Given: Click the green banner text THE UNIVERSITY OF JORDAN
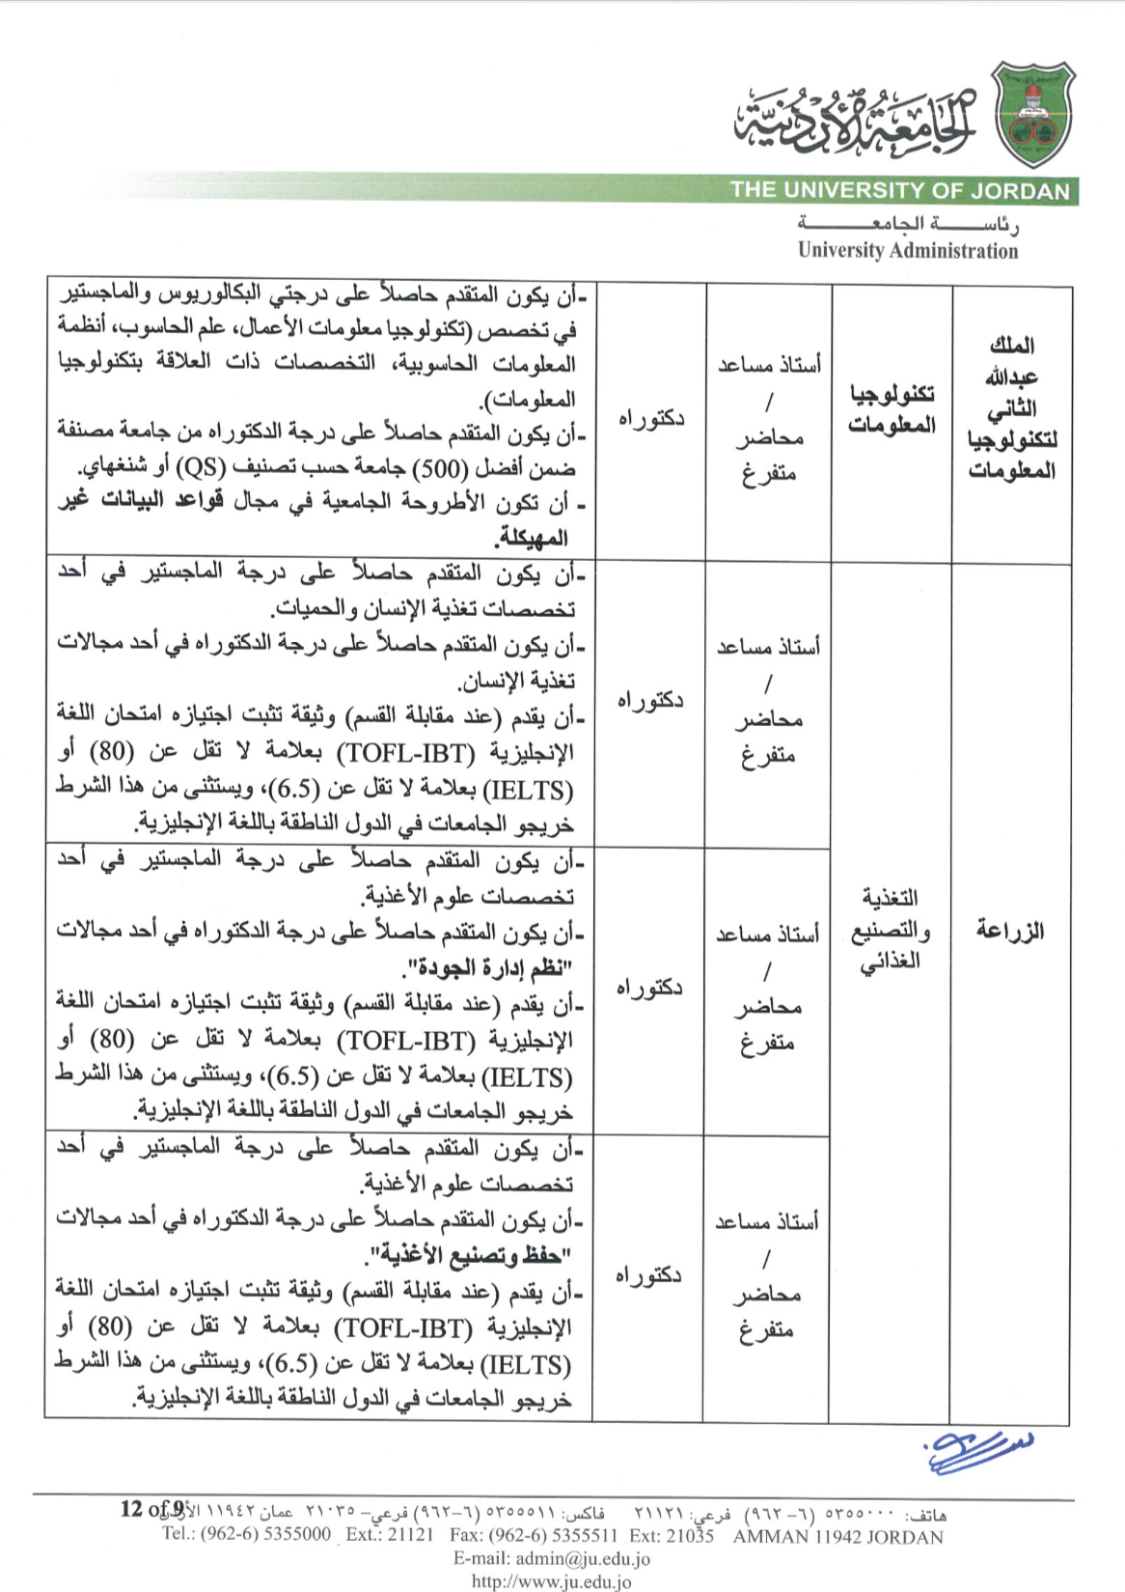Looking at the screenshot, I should pos(900,190).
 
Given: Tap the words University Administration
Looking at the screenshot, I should pos(907,251).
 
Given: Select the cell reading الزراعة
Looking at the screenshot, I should pos(1010,931).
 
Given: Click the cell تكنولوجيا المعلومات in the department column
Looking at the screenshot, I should pos(892,409).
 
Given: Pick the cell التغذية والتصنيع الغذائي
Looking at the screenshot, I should pos(890,929).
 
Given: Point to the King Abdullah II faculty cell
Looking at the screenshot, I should pos(1011,407).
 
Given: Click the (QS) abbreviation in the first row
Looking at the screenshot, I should pos(204,468).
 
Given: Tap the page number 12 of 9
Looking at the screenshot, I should pos(152,1508).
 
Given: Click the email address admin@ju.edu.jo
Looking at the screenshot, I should pos(552,1558).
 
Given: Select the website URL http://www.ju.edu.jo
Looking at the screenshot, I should pos(551,1581).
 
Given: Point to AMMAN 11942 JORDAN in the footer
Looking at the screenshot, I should pos(837,1536).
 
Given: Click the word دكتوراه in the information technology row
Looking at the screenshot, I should pos(651,418).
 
